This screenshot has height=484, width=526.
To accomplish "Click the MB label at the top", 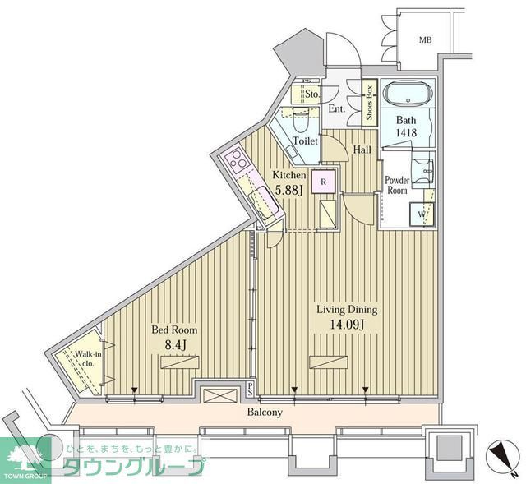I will point(425,39).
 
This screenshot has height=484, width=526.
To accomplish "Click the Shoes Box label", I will point(370,101).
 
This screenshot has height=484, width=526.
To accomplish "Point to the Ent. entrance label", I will point(337,108).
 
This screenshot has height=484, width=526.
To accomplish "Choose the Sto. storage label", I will point(311,94).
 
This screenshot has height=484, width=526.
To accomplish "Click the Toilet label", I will point(307,140).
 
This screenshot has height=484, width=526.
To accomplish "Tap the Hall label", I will point(362,150).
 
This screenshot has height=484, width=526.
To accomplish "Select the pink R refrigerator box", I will point(324,182).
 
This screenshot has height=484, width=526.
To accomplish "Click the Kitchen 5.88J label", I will point(290,182).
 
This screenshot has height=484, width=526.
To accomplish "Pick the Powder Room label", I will point(397,184).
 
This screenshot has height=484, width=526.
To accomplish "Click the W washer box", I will point(422,215).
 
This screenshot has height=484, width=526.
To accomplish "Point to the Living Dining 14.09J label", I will point(348,317).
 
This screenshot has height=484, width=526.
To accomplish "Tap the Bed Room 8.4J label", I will point(173,337).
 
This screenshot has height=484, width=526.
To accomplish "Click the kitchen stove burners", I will point(238,164).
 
